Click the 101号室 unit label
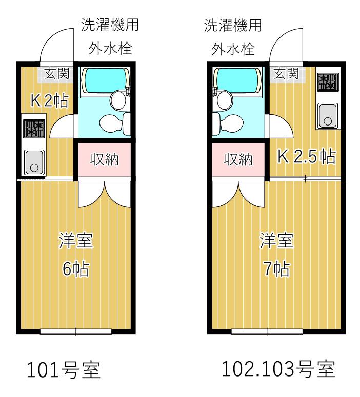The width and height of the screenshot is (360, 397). tap(64, 370)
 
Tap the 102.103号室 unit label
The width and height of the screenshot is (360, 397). tap(279, 369)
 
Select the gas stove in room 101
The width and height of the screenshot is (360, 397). tap(34, 129)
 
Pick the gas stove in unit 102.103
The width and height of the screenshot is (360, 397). tap(328, 82)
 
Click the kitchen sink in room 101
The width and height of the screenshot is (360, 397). tap(34, 162)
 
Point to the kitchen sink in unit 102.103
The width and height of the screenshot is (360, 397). tap(328, 115)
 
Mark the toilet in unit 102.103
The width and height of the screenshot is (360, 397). tap(228, 123)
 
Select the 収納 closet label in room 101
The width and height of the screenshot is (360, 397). tap(105, 159)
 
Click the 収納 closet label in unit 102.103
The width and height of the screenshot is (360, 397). tap(238, 159)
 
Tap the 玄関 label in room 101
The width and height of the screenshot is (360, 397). tap(57, 73)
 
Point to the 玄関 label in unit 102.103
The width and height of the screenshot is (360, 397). tap(286, 73)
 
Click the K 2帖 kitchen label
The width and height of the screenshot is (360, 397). tap(49, 100)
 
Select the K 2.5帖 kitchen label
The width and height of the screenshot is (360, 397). tap(307, 156)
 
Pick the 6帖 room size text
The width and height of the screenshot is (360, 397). tap(75, 268)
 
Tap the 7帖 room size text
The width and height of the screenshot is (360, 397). tap(276, 268)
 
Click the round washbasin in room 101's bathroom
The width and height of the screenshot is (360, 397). tap(118, 100)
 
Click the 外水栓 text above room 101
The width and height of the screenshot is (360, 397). tap(110, 48)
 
